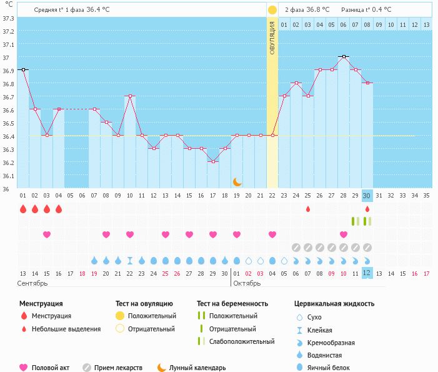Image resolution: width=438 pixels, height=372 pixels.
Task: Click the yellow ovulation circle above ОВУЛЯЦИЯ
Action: click(272, 11)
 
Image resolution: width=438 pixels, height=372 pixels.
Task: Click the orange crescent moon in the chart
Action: click(237, 182)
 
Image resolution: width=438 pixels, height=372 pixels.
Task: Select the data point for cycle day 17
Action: click(213, 162)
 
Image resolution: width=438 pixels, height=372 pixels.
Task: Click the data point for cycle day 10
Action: click(130, 96)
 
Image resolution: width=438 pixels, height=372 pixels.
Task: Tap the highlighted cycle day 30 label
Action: click(367, 195)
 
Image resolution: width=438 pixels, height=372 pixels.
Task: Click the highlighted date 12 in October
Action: click(367, 273)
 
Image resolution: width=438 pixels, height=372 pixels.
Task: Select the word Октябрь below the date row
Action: click(248, 283)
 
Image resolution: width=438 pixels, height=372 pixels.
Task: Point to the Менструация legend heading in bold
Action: click(41, 304)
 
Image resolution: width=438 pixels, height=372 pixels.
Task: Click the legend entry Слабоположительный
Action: click(242, 341)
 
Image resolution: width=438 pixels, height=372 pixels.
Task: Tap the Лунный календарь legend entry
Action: click(197, 368)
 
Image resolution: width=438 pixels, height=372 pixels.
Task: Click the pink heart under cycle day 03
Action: click(46, 234)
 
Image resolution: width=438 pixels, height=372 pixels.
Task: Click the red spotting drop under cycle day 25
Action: click(308, 209)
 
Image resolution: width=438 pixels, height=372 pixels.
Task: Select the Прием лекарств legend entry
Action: click(118, 368)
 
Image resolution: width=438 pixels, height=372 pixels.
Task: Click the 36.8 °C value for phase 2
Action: click(319, 10)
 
